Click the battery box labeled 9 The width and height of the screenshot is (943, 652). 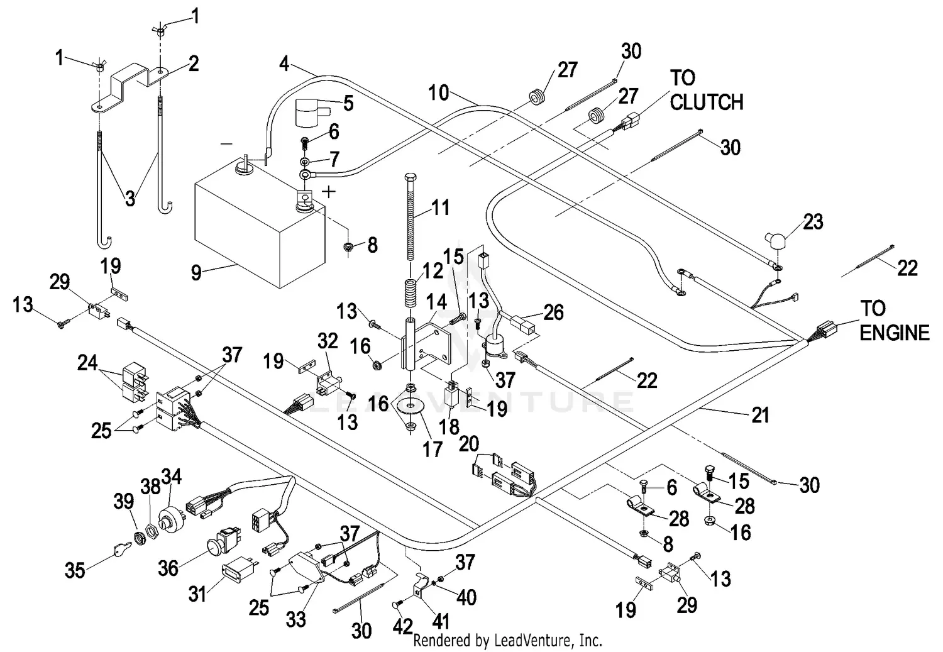259,228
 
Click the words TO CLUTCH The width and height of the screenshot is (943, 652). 706,90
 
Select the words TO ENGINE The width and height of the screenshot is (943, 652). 894,320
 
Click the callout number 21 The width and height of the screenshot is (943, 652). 760,414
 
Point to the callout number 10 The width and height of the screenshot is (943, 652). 439,92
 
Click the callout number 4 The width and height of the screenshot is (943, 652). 284,64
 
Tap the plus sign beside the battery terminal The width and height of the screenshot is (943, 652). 328,192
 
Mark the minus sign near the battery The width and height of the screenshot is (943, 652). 226,143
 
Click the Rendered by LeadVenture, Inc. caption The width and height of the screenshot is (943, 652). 508,640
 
